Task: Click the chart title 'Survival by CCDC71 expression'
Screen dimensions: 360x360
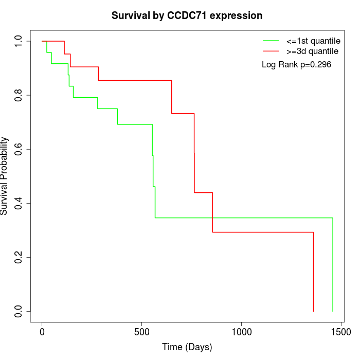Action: point(187,16)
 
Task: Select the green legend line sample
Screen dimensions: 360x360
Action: point(271,41)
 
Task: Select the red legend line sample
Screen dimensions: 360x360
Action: point(271,51)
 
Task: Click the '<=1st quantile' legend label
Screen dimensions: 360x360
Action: point(312,41)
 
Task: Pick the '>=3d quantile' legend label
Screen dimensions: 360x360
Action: point(312,51)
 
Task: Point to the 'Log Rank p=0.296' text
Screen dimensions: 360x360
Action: point(296,65)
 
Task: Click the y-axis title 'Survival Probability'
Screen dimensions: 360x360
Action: point(5,176)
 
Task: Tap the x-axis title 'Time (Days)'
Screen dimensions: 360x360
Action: point(187,347)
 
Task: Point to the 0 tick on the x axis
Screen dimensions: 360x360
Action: point(42,333)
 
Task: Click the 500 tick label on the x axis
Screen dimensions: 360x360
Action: point(142,333)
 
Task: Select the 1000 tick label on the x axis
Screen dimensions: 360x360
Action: point(241,333)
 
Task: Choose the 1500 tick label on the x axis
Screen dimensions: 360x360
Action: point(340,333)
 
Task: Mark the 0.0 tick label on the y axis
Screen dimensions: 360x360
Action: point(19,311)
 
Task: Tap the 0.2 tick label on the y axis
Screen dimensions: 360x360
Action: point(19,257)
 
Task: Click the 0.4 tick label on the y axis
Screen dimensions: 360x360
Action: point(19,203)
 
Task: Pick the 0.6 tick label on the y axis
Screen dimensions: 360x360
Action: point(19,149)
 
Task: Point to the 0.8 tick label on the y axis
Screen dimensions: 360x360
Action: point(19,95)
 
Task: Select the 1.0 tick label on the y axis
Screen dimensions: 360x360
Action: point(19,41)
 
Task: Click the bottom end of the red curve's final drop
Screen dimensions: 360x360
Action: point(313,311)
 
